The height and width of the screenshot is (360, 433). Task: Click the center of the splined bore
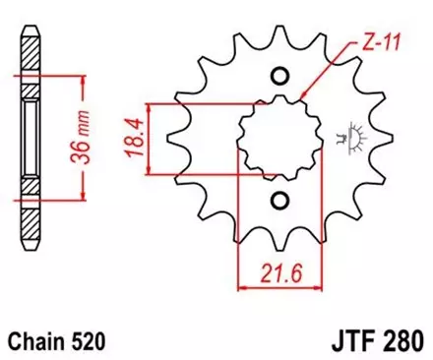[x=279, y=139]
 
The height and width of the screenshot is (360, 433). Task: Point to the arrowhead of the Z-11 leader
[x=302, y=98]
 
